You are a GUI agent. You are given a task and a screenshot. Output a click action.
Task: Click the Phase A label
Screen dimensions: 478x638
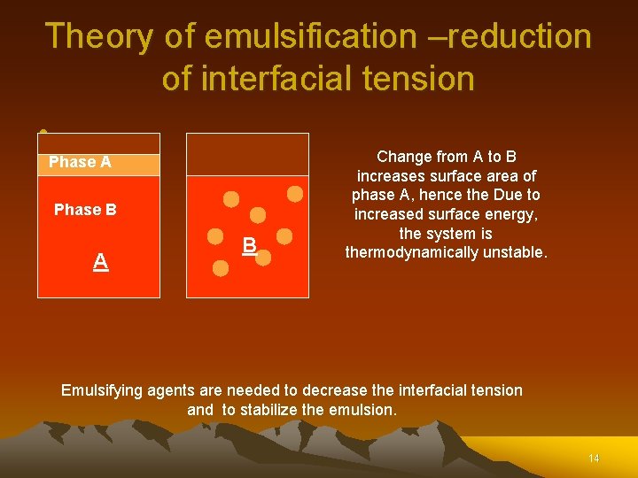80,162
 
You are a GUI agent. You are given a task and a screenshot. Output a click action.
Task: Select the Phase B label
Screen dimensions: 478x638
85,210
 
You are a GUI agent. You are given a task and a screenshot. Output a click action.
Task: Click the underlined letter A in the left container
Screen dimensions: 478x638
101,261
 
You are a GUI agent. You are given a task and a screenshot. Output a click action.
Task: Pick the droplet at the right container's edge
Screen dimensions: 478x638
295,193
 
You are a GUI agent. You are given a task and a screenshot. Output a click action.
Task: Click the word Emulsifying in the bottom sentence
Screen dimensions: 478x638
105,390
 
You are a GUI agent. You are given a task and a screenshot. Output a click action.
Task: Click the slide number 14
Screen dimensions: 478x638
594,458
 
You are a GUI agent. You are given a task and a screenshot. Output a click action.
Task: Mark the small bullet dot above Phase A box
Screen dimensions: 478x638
42,134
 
